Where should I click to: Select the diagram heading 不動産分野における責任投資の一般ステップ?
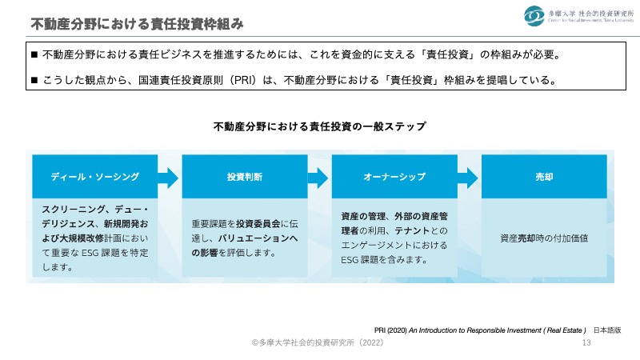319,126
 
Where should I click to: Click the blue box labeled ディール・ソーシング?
95,177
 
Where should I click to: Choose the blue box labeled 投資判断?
244,177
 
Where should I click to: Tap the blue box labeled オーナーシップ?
394,177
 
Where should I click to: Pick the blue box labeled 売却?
543,177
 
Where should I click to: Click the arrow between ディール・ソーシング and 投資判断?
169,177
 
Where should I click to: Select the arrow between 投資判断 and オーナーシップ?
318,177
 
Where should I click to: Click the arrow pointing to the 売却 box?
468,177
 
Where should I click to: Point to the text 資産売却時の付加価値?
543,238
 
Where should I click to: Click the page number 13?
586,342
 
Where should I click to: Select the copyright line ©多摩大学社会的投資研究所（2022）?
319,342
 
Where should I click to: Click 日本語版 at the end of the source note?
607,330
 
